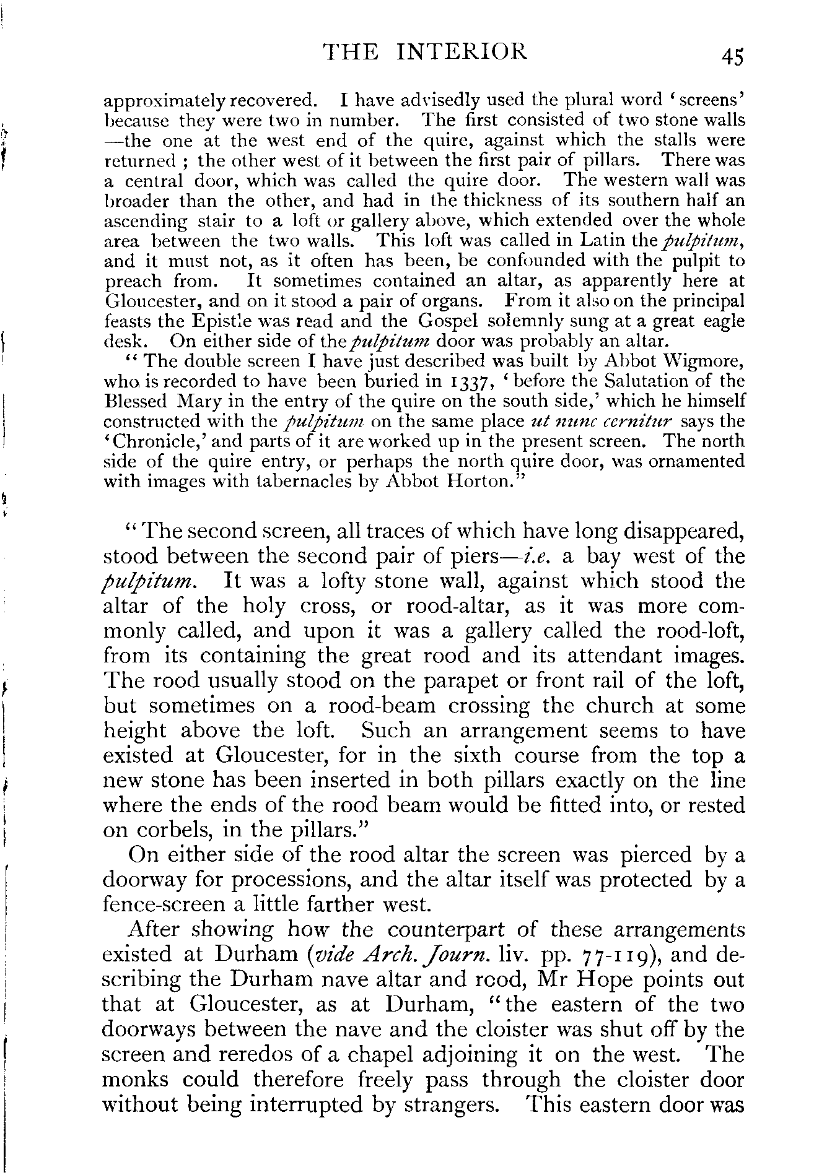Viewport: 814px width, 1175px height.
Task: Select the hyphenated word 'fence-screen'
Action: point(164,905)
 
